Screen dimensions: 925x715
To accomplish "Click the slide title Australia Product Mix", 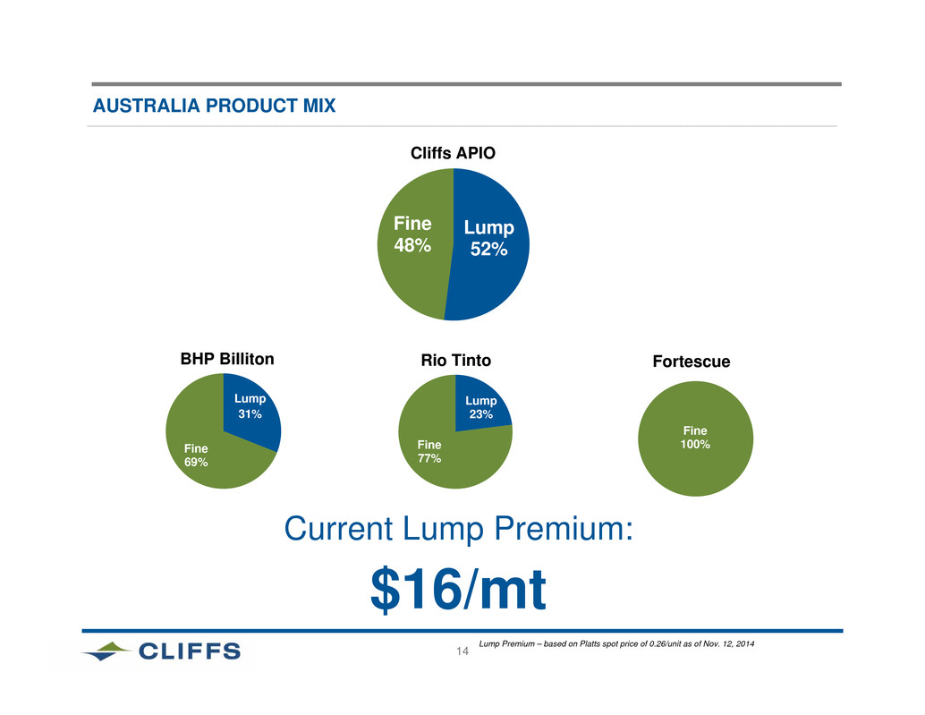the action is (x=214, y=106).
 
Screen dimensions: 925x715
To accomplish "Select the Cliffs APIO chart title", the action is (x=453, y=153).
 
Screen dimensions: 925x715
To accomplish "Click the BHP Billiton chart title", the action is (x=227, y=359).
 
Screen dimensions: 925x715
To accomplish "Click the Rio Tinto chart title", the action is (x=456, y=361).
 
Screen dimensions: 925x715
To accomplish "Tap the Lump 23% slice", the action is (x=479, y=407).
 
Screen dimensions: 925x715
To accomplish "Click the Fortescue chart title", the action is (x=692, y=362).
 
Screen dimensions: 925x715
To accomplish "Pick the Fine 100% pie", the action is (x=695, y=438).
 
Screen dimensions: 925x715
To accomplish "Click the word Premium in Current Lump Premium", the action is (x=564, y=528).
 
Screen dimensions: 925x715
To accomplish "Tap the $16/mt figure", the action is (x=458, y=589).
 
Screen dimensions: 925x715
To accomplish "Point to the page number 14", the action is (x=462, y=651).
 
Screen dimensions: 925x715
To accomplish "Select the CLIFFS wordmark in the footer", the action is (x=190, y=651).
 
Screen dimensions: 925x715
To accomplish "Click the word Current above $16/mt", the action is (x=339, y=528).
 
